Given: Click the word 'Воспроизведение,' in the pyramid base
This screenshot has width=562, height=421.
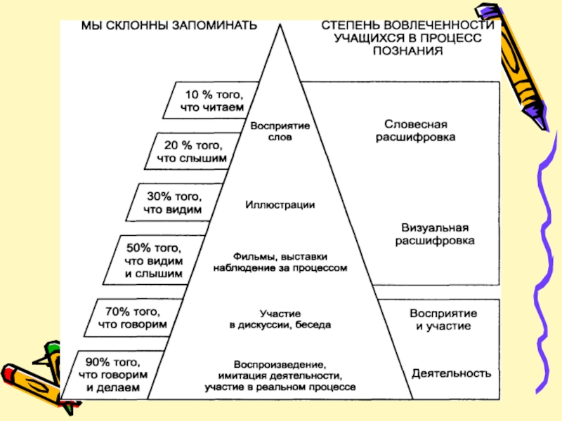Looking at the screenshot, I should pyautogui.click(x=280, y=365).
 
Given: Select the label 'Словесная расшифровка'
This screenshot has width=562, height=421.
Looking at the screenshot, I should pyautogui.click(x=414, y=131).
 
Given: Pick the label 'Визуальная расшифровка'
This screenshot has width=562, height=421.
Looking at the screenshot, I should pyautogui.click(x=433, y=234).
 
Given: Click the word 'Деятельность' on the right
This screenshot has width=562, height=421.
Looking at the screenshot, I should pyautogui.click(x=450, y=373).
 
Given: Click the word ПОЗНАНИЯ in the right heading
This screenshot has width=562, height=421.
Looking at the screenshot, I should pyautogui.click(x=408, y=51).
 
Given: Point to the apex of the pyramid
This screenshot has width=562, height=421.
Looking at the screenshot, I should pyautogui.click(x=280, y=23).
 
